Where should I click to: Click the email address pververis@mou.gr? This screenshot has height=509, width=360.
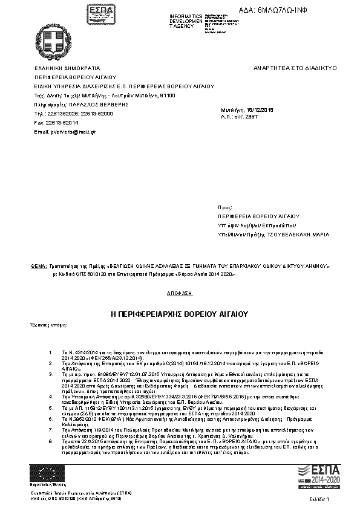point(65,131)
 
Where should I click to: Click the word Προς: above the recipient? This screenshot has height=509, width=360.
point(224,207)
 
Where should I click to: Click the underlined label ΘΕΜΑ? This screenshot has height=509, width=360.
point(38,265)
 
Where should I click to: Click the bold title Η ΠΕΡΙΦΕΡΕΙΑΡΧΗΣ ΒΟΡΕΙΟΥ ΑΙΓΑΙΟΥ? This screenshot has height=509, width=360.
point(180,315)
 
